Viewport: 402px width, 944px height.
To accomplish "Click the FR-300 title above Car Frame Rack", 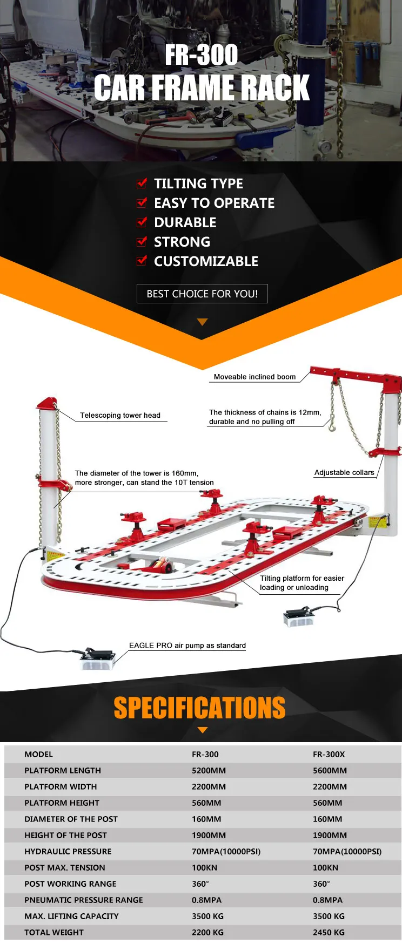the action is pos(201,55).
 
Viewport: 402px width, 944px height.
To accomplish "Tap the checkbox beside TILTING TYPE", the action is pos(142,184).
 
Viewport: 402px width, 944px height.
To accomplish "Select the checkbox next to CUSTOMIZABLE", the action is pos(142,261).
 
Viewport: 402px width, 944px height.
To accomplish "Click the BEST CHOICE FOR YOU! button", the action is pos(202,294).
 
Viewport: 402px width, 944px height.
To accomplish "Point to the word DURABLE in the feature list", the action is pos(185,222).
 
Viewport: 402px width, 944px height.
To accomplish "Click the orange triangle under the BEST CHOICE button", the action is pos(203,322).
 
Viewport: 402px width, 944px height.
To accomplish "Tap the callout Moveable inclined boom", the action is pos(254,377).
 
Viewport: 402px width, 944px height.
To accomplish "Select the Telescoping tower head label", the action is pos(120,415).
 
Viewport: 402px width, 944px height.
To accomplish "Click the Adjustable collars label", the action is pos(344,472).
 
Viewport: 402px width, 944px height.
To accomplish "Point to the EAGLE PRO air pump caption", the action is pos(187,645).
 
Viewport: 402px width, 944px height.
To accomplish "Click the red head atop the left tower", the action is pos(47,403).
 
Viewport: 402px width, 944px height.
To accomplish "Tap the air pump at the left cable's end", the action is pos(98,658).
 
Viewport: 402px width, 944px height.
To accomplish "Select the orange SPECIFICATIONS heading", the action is pos(199,708).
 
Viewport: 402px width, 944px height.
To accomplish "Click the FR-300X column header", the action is pos(329,754).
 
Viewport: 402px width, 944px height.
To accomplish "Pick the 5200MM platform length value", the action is pos(209,770).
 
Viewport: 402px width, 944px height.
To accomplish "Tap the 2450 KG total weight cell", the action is pos(329,932).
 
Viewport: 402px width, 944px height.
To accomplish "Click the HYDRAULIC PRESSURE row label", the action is pos(68,851).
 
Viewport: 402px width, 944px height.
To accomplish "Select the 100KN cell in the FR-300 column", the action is pos(204,867).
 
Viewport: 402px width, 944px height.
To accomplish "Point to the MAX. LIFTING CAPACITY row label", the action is pos(71,916).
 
